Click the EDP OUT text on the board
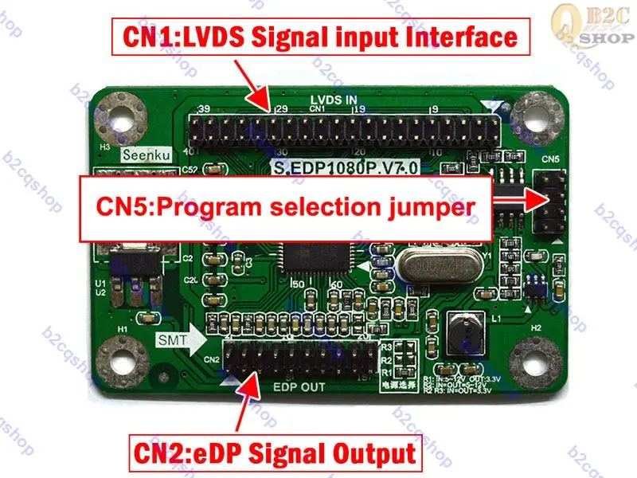click(x=299, y=389)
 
